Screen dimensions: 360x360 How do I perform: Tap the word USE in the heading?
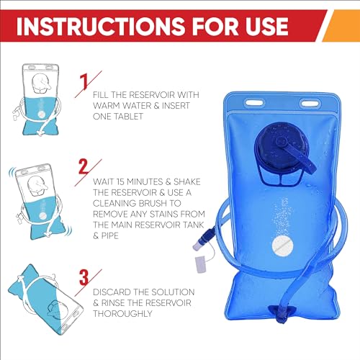[x=266, y=26]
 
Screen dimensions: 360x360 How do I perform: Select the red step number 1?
[x=84, y=81]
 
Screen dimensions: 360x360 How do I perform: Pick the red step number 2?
[x=84, y=166]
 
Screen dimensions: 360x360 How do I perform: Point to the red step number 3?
[x=84, y=277]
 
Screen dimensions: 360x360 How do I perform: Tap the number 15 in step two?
[x=120, y=182]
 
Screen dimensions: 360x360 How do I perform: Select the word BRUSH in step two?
[x=153, y=203]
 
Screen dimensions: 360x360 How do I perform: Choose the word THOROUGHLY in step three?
[x=122, y=313]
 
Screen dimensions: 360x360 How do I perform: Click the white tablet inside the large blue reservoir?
[x=282, y=246]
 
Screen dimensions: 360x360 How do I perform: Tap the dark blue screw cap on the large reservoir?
[x=279, y=146]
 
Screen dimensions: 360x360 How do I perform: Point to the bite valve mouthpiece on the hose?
[x=197, y=246]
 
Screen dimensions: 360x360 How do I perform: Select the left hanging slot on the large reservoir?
[x=254, y=103]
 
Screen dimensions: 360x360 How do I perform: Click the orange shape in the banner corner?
[x=341, y=26]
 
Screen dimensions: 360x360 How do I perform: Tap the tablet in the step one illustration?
[x=41, y=114]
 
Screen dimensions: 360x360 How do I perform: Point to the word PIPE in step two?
[x=110, y=235]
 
